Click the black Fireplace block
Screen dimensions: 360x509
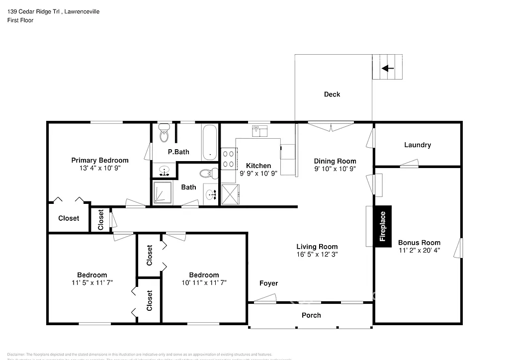(x=383, y=226)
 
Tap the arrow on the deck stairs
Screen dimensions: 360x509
(x=388, y=68)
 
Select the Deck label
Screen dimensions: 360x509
(x=332, y=94)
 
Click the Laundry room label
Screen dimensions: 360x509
(x=417, y=145)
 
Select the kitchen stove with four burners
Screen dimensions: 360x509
(x=228, y=159)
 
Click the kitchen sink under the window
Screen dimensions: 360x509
(x=259, y=131)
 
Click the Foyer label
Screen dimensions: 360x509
(x=268, y=283)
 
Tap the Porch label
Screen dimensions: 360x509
(x=311, y=315)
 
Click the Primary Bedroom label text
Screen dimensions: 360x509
(x=100, y=160)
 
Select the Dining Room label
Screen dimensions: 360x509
(x=335, y=161)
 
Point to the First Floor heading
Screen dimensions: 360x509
(x=20, y=20)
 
